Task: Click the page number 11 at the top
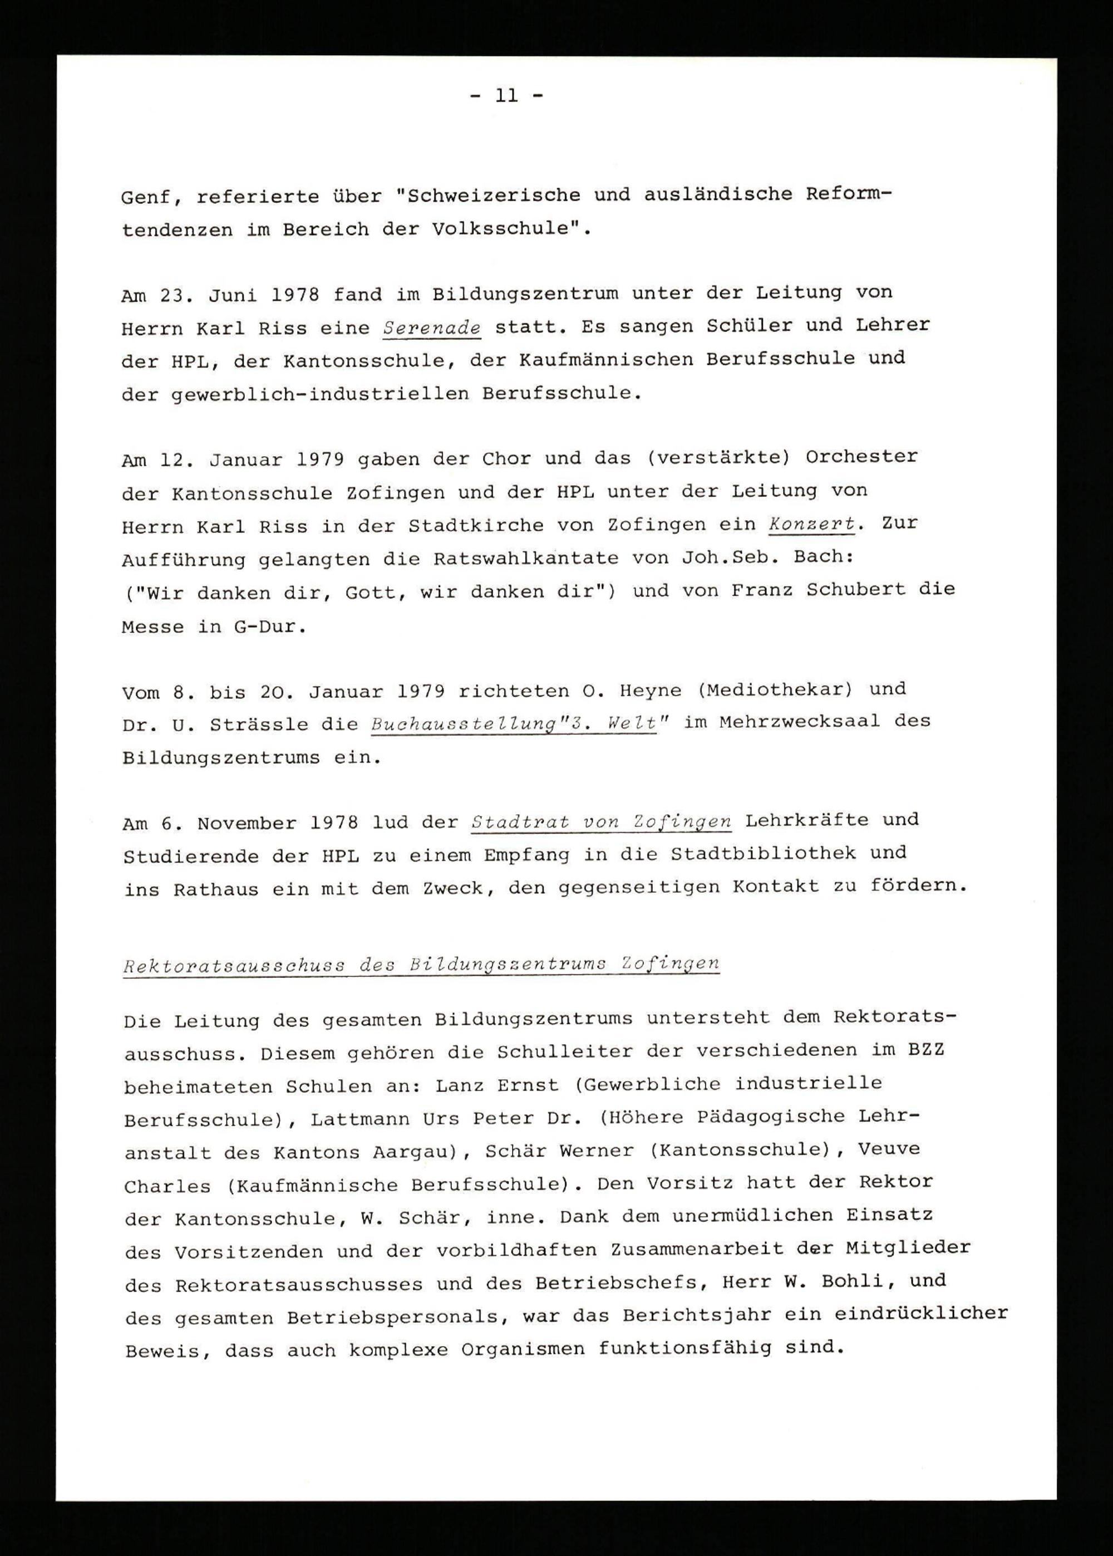click(x=507, y=96)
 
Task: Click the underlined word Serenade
click(x=432, y=328)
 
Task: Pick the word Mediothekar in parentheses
click(x=775, y=689)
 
